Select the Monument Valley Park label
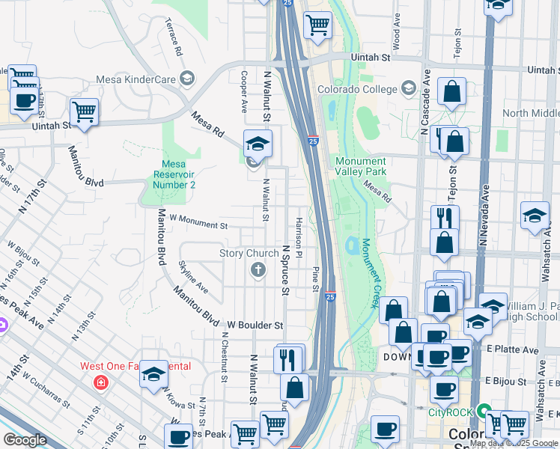tap(361, 166)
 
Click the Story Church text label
tap(249, 254)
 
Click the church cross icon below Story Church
tap(258, 269)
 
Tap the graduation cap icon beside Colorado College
tap(409, 90)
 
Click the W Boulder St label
tap(255, 326)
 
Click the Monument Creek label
tap(371, 273)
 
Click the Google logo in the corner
tap(25, 440)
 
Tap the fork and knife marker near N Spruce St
tap(289, 360)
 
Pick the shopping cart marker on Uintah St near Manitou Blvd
tap(85, 112)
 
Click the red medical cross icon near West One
tap(100, 382)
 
